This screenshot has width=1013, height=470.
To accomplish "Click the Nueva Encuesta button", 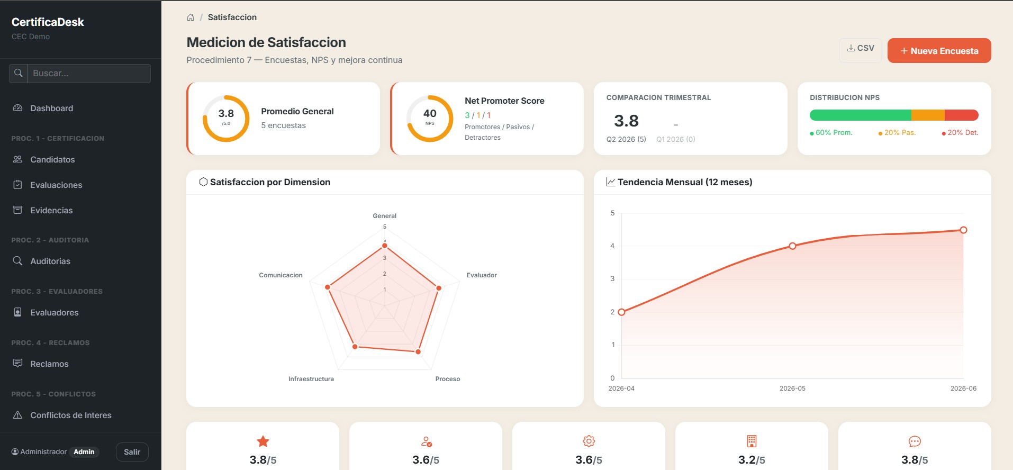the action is pos(939,51).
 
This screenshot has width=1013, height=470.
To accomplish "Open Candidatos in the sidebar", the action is pos(52,159).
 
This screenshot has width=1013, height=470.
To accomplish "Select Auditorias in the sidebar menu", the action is pos(50,261).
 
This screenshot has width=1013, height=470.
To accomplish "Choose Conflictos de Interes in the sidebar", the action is pos(71,415).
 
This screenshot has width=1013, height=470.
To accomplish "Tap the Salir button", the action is pos(132,452).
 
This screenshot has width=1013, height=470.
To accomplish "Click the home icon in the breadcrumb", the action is pos(191,17).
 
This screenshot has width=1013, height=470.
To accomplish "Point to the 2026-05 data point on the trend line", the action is pos(792,246).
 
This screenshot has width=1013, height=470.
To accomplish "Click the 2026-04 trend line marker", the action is pos(621,312).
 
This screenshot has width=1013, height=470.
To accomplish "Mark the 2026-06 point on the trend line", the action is pos(963,230).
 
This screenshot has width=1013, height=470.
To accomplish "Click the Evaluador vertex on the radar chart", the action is pos(439,288).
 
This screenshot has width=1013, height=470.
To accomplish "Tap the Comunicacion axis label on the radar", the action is pos(281,275).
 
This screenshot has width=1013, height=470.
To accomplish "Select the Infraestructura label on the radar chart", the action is pos(311,379).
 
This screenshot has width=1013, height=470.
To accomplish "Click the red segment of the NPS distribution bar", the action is pos(961,115).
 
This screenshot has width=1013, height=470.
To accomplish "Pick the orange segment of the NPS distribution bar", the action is pos(928,115).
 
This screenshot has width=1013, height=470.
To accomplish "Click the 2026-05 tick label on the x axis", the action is pos(792,388).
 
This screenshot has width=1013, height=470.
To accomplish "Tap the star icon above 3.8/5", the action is pos(263,441).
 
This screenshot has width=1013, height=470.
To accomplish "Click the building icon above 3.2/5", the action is pos(752,441).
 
